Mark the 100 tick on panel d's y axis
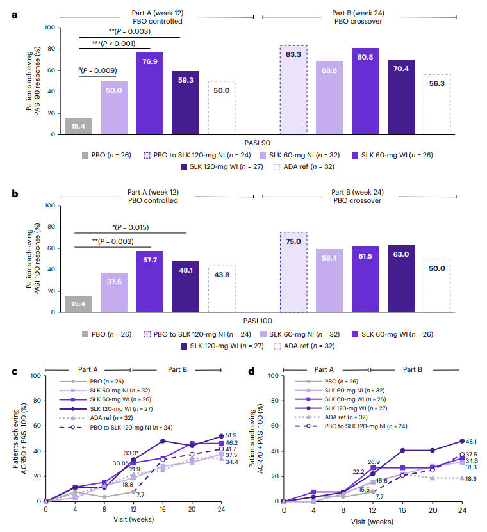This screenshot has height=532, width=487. click(273, 376)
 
